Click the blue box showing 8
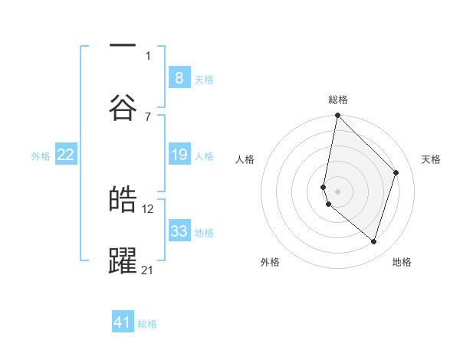coord(179,77)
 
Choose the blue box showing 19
coord(179,155)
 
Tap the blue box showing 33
coord(179,231)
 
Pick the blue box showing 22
coord(66,155)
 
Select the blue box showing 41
coord(123,322)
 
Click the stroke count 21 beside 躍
coord(148,269)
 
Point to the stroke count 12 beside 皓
coord(148,208)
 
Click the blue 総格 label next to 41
coord(147,324)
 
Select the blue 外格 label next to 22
coord(41,156)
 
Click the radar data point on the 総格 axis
coord(337,116)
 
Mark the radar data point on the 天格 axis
coord(396,172)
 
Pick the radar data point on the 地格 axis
coord(373,241)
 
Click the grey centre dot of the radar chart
coord(337,191)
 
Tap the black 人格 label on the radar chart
coord(245,159)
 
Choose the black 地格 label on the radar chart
coord(402,263)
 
